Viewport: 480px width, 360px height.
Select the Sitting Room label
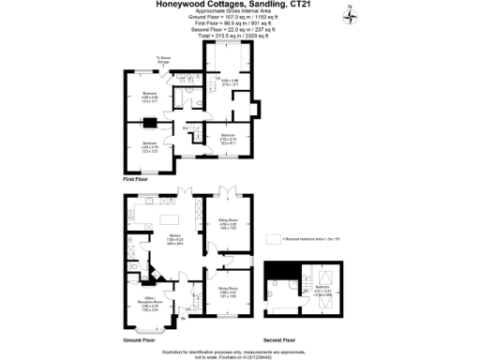(228, 222)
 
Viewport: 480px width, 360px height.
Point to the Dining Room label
(228, 291)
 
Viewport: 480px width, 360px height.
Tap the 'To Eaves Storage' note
(162, 59)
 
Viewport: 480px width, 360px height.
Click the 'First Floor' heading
(137, 177)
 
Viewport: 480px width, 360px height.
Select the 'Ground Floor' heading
(139, 339)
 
